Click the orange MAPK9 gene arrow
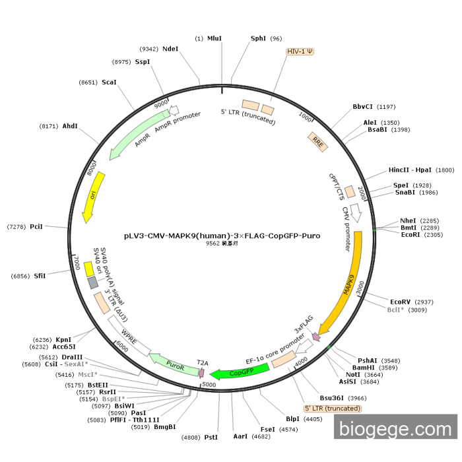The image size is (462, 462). tap(350, 287)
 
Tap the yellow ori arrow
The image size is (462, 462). tap(92, 197)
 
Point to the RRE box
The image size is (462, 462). tap(318, 142)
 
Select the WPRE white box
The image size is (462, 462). tap(129, 336)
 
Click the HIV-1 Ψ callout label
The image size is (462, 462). tap(300, 51)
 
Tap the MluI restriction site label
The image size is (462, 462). tap(214, 38)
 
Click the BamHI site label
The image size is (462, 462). tap(363, 368)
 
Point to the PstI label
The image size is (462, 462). tap(211, 437)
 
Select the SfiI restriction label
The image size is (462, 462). tap(40, 276)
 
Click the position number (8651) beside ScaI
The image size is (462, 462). tap(88, 82)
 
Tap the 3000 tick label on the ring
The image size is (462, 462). tap(360, 287)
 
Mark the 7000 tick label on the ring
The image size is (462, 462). tap(77, 263)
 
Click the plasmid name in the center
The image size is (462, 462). tap(222, 236)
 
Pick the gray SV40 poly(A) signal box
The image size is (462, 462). tap(93, 282)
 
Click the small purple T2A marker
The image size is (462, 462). tap(201, 373)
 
